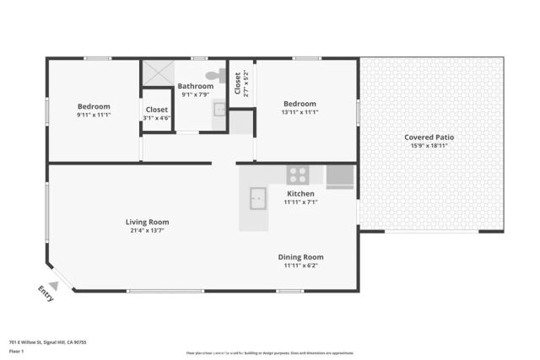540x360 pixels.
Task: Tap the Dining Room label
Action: pyautogui.click(x=300, y=257)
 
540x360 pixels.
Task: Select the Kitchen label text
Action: pyautogui.click(x=300, y=193)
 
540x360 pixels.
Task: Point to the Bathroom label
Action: pyautogui.click(x=195, y=86)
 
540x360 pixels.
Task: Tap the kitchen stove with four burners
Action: pyautogui.click(x=298, y=175)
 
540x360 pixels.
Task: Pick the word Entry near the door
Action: pyautogui.click(x=46, y=293)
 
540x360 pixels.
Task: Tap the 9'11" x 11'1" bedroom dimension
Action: pyautogui.click(x=94, y=115)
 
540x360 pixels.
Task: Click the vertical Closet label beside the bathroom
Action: pyautogui.click(x=238, y=82)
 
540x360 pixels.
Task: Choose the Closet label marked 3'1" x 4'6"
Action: pyautogui.click(x=157, y=110)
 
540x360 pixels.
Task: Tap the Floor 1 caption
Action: pyautogui.click(x=16, y=351)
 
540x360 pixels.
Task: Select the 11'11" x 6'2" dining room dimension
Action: pyautogui.click(x=300, y=266)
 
